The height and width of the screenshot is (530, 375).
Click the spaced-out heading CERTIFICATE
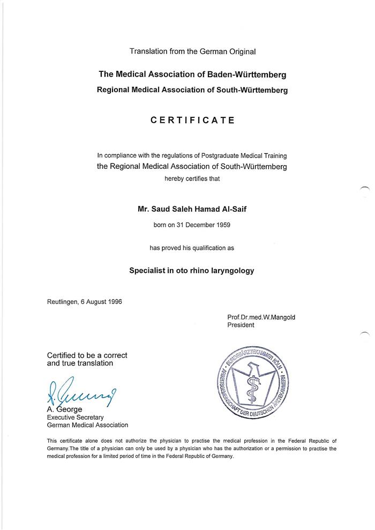192,121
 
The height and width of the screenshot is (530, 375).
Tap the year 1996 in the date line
114,302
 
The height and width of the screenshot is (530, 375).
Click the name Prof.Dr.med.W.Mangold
261,317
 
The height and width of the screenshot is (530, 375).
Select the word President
241,325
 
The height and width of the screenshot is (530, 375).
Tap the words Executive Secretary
75,417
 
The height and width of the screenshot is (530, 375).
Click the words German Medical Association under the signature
87,425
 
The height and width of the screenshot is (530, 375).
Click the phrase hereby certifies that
192,178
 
